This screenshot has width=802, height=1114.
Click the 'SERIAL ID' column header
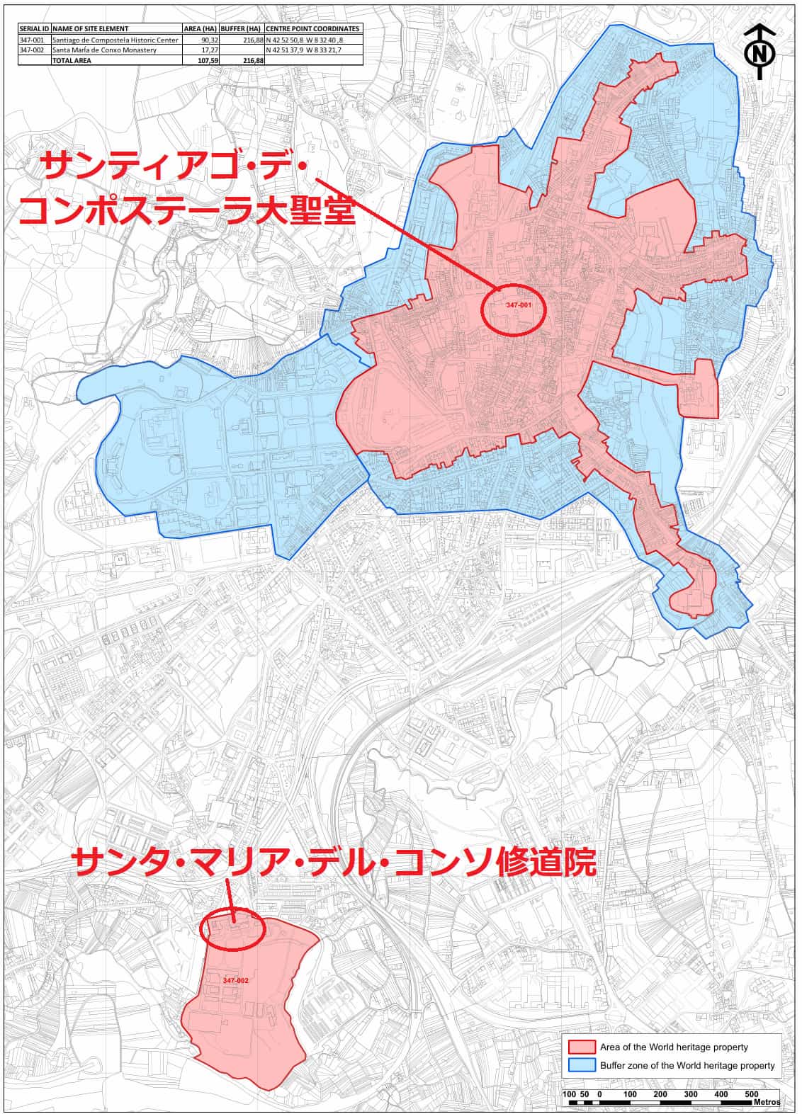point(34,29)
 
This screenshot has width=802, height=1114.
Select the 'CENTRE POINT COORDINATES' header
point(312,29)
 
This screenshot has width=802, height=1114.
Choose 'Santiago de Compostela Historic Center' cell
point(115,40)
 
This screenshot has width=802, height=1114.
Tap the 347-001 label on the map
point(518,305)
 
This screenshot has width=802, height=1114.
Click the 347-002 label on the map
point(235,980)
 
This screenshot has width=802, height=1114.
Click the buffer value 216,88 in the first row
point(252,40)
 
